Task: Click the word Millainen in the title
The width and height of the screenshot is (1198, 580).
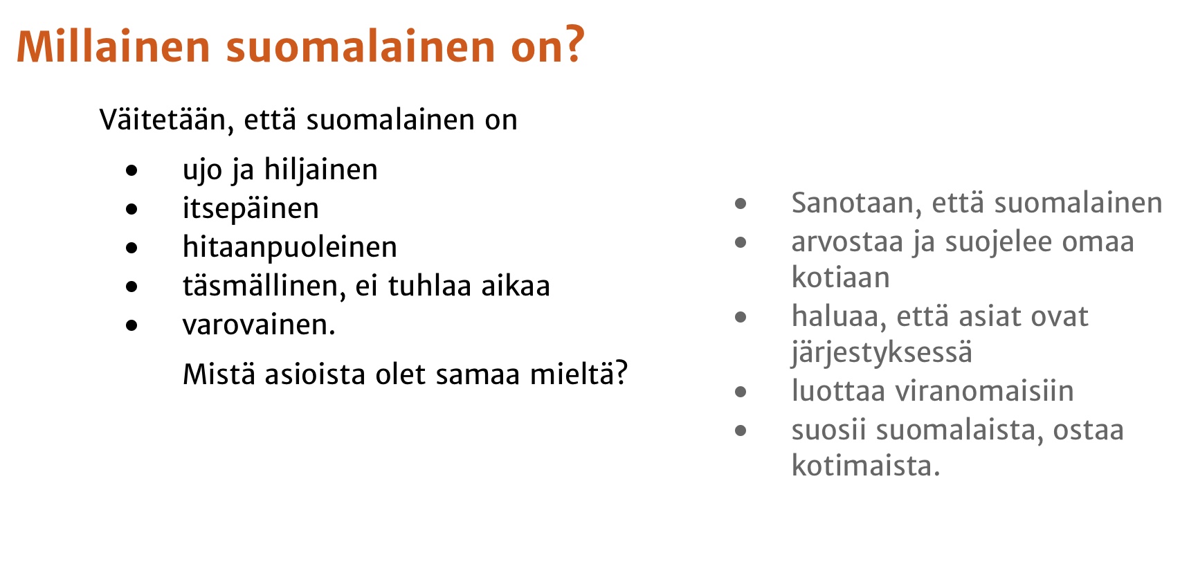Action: [x=113, y=46]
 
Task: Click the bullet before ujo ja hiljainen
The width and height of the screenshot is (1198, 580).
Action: [x=132, y=170]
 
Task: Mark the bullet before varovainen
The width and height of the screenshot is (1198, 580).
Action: [x=132, y=325]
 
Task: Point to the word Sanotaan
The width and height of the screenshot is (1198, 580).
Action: [x=857, y=203]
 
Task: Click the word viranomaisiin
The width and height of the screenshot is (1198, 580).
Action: [x=985, y=392]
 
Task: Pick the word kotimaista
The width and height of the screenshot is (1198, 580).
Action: [x=866, y=466]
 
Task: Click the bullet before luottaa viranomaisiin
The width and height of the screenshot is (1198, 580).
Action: [x=741, y=392]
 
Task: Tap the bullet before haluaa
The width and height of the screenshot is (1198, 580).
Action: [x=741, y=318]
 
